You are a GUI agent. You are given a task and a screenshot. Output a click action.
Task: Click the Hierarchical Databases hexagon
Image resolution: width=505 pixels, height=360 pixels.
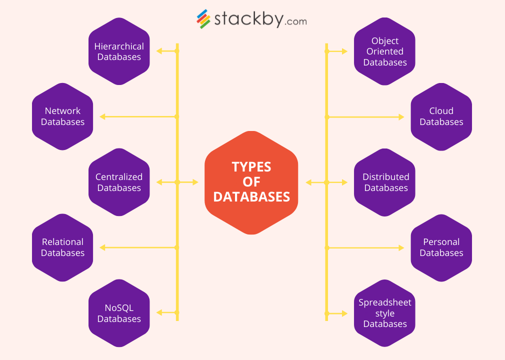tap(119, 51)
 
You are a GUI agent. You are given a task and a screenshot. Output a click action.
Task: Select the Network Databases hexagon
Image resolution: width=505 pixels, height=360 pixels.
tap(62, 116)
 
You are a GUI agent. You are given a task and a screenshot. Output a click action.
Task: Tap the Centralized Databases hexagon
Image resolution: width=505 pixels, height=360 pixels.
tap(119, 182)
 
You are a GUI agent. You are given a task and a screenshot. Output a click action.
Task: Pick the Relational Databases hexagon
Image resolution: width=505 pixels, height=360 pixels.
tap(62, 247)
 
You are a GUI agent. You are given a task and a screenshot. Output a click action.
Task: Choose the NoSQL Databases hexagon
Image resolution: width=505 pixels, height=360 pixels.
tap(119, 313)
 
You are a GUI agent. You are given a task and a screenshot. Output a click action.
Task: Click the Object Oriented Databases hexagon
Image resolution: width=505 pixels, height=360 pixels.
tap(385, 51)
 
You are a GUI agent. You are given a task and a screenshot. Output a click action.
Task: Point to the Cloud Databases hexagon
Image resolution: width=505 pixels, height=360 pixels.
tap(441, 116)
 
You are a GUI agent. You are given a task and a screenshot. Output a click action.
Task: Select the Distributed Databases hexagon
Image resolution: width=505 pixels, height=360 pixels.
tap(385, 182)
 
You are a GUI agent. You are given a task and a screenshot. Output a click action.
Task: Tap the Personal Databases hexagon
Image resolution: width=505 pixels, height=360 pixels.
tap(441, 247)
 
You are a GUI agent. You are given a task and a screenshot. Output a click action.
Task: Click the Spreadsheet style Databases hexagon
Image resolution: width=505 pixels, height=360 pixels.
tap(385, 313)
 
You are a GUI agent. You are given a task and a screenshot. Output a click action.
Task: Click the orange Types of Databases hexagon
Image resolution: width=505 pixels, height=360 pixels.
tap(251, 182)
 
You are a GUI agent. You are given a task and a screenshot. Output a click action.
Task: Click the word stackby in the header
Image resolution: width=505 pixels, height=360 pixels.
tap(248, 19)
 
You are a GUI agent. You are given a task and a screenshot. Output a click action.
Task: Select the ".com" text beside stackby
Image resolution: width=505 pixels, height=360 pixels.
tap(296, 21)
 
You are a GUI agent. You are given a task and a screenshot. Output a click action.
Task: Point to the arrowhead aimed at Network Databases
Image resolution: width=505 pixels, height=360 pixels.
tap(102, 116)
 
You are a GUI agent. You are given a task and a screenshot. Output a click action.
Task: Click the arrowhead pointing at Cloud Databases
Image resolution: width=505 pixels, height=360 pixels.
tap(401, 117)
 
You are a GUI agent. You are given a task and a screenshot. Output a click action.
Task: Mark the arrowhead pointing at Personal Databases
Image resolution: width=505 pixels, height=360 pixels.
tap(401, 247)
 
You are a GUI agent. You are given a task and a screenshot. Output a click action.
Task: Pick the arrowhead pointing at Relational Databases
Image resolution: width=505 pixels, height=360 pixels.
tap(102, 247)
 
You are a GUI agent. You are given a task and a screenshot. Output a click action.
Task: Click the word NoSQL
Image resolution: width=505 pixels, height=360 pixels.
tap(119, 308)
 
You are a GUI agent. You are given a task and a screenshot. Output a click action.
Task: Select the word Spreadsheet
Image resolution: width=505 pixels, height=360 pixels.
tap(385, 302)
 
